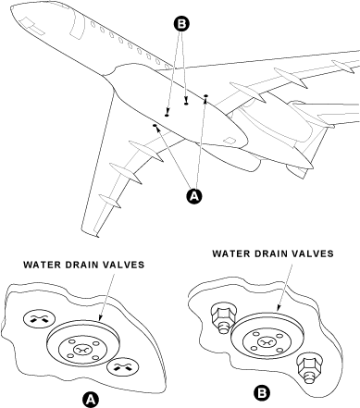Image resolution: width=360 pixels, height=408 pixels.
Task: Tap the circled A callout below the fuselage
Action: [193, 195]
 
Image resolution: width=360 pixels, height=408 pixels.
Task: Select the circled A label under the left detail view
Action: [90, 398]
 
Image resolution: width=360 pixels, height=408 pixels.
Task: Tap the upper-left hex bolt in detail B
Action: [221, 315]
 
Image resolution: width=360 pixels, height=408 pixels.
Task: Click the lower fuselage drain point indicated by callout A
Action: [155, 128]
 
